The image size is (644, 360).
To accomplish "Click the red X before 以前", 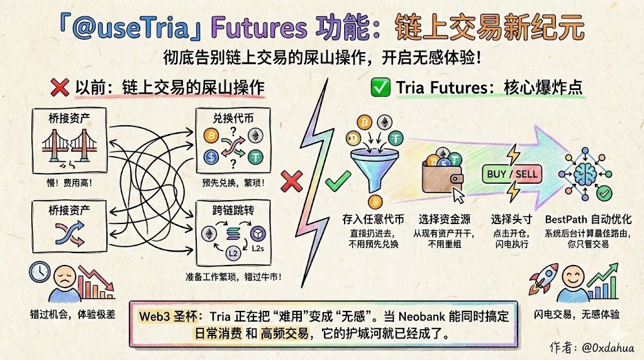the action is (60, 87).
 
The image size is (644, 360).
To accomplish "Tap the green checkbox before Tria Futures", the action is (380, 87).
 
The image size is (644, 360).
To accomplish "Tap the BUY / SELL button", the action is (512, 174).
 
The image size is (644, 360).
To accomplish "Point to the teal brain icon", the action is (586, 174).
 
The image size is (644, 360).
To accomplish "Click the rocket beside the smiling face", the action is (543, 279).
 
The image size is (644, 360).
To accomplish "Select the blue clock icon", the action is (40, 273).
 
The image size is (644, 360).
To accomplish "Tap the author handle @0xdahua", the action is (608, 347).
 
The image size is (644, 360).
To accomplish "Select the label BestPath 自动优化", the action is (588, 219).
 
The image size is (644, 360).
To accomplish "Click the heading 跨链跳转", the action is (233, 210).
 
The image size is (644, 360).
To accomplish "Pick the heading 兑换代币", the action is (233, 118).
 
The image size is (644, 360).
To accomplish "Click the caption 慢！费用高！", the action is (69, 183).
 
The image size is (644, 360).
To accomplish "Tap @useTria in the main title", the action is (130, 28).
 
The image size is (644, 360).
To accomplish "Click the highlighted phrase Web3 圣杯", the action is (169, 316).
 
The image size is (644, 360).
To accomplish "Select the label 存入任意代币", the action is (374, 219).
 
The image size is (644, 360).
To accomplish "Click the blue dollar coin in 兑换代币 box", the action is (211, 157).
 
